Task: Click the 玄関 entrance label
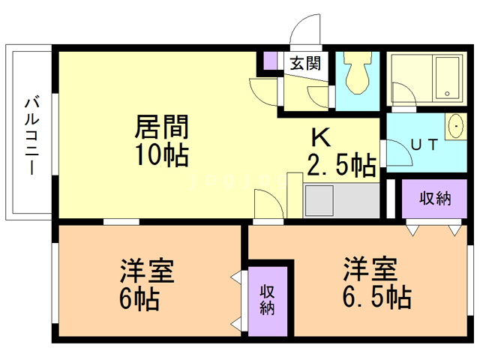click(305, 62)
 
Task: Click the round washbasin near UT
click(455, 127)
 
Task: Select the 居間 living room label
click(160, 125)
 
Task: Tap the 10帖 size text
click(160, 155)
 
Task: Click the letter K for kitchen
click(321, 137)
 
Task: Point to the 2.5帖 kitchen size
click(341, 164)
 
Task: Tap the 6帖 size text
click(139, 299)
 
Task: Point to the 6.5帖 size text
click(376, 298)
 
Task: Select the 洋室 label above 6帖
click(148, 269)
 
